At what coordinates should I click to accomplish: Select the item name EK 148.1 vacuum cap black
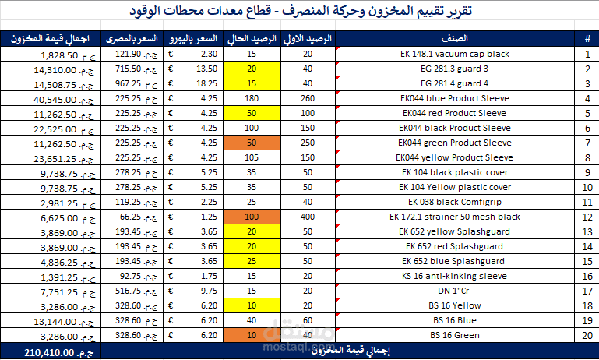point(455,54)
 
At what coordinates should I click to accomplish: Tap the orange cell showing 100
point(252,217)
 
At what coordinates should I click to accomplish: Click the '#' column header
point(587,39)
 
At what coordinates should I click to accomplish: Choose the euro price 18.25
point(206,83)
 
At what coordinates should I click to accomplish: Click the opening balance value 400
point(308,217)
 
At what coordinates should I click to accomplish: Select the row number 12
point(587,217)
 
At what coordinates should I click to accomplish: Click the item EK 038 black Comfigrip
point(455,202)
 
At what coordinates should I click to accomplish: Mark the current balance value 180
point(252,98)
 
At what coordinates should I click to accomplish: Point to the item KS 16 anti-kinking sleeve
point(454,276)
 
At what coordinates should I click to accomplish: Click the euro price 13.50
point(206,69)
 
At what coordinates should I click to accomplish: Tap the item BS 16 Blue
point(455,320)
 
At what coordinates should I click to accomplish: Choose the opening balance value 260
point(308,98)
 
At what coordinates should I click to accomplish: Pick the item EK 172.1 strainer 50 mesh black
point(455,217)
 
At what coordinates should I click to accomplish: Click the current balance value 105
point(252,157)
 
